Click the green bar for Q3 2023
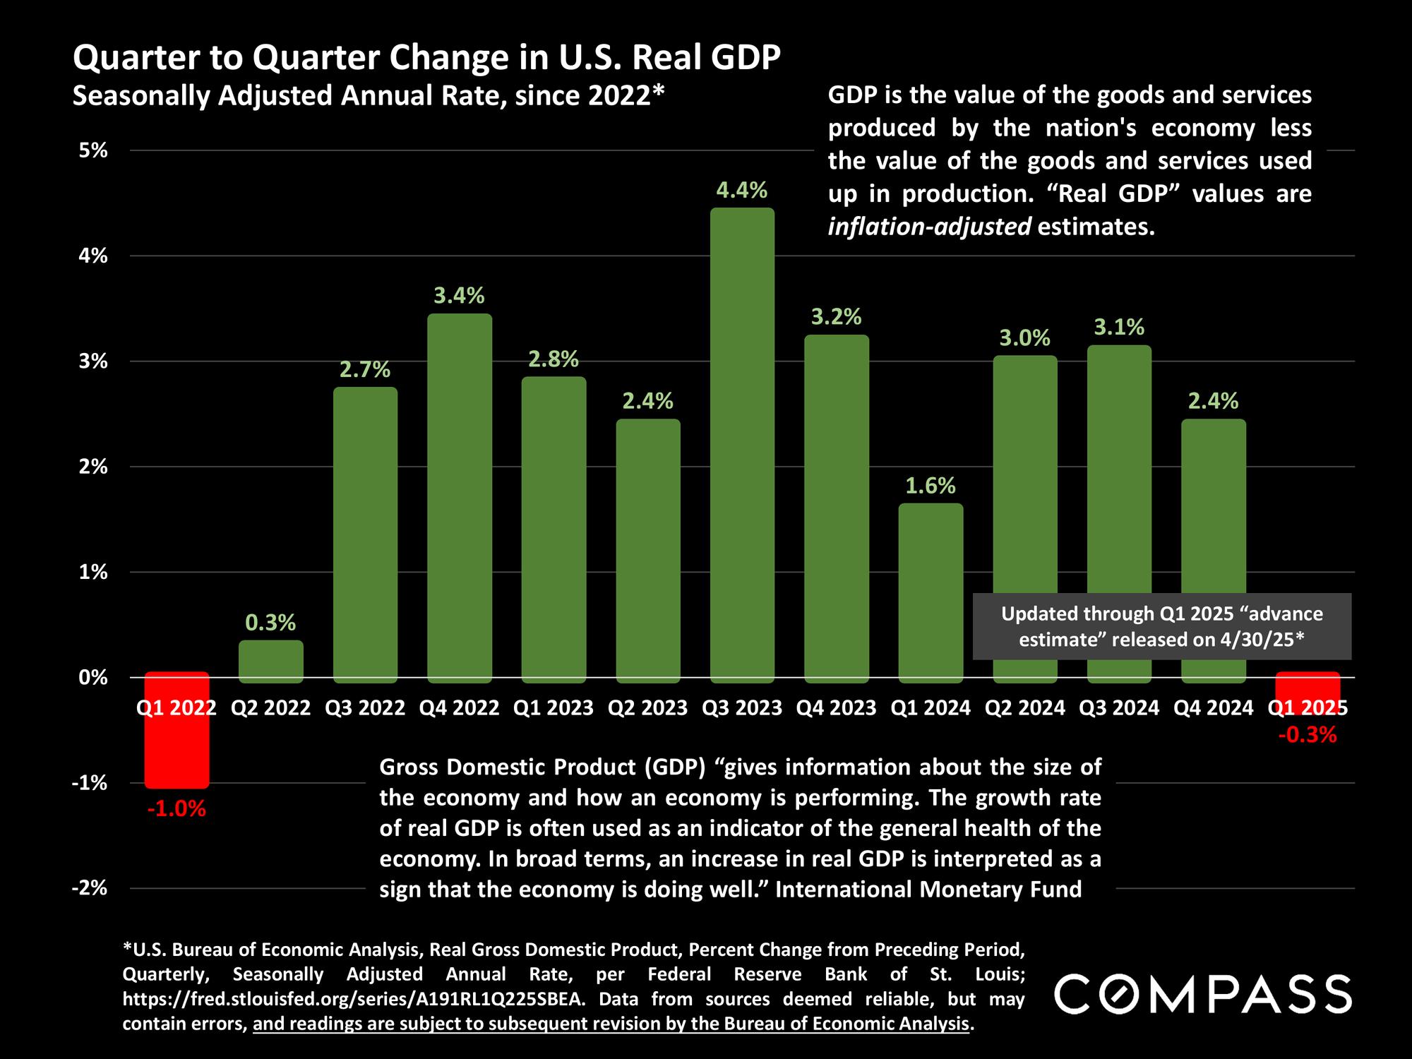[742, 445]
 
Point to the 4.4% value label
[742, 190]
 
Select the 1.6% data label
[931, 486]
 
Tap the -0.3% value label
[1307, 736]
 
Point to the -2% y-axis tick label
[90, 888]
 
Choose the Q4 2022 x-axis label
[460, 708]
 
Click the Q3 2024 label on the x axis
[1119, 708]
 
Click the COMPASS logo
[1202, 994]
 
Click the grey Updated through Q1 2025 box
[1161, 626]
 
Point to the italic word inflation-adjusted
[929, 227]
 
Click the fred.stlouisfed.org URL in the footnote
[353, 999]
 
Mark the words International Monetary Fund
[928, 889]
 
